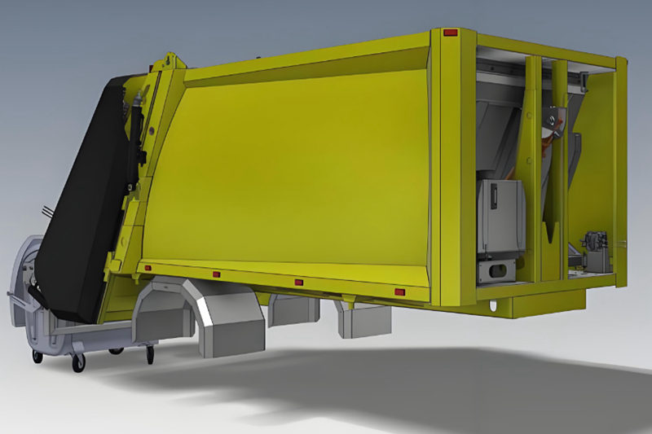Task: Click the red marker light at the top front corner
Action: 450,33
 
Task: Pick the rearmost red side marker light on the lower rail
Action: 148,268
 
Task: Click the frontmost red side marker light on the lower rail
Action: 399,292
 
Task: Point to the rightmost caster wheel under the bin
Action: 150,353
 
